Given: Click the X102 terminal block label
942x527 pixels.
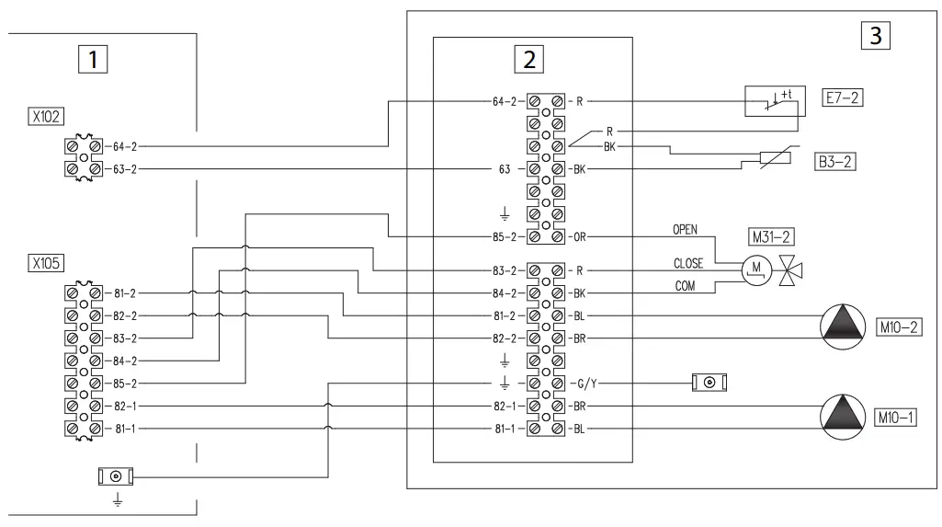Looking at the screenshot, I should pos(45,118).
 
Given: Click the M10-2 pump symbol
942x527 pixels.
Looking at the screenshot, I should pos(841,327).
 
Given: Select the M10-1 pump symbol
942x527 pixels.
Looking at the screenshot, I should pos(841,417).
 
